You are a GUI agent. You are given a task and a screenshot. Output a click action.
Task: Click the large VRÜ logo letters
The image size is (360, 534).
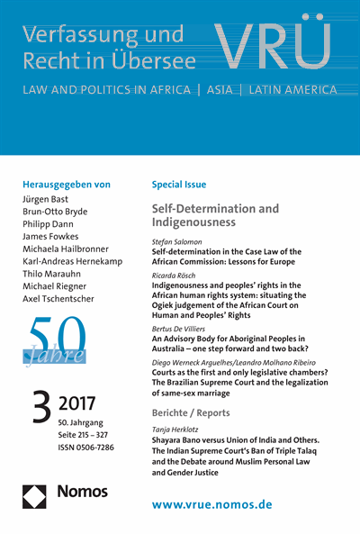pos(286,48)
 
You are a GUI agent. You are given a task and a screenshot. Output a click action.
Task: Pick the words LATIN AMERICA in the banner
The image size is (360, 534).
pos(290,90)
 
